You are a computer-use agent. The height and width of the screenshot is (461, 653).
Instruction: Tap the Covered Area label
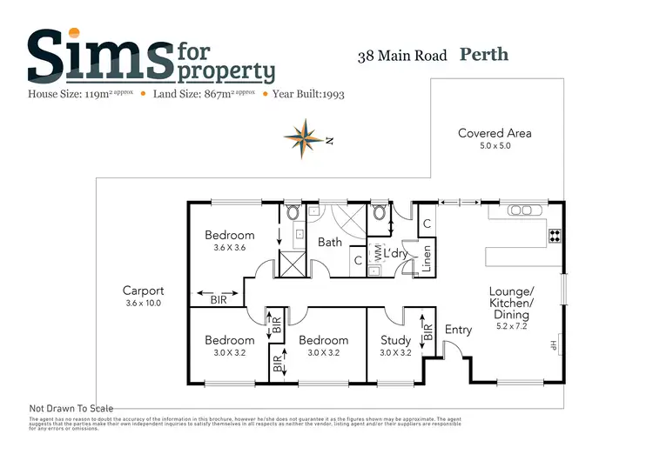tap(495, 133)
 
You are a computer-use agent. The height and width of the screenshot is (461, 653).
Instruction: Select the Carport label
tap(144, 291)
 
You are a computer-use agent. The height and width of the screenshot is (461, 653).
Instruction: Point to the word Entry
tap(458, 330)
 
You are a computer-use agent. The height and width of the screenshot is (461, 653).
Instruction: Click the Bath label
tap(330, 243)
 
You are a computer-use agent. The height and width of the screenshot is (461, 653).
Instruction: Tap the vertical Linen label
tap(427, 259)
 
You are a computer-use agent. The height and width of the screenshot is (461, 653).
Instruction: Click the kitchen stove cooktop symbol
tap(555, 235)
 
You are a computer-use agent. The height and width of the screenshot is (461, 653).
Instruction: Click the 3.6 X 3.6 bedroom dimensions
tap(230, 247)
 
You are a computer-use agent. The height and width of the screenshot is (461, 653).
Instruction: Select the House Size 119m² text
tap(81, 93)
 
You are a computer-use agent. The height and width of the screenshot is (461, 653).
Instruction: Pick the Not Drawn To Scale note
tap(71, 408)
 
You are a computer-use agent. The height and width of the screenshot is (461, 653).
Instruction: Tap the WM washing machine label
tap(378, 253)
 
